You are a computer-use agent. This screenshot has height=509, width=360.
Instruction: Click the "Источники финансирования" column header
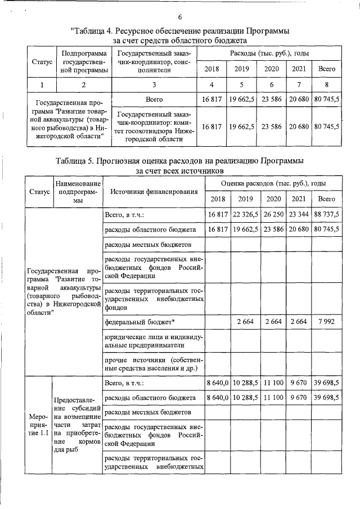point(153,192)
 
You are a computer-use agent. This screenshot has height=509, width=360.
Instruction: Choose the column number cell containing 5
point(241,85)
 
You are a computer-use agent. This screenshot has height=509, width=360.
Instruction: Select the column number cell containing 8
point(327,85)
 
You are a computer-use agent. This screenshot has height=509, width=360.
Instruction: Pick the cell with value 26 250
point(273,215)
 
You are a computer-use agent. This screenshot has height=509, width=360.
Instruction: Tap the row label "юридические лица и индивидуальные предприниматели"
point(153,341)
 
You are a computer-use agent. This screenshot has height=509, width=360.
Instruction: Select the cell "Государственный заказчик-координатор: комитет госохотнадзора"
point(153,127)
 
